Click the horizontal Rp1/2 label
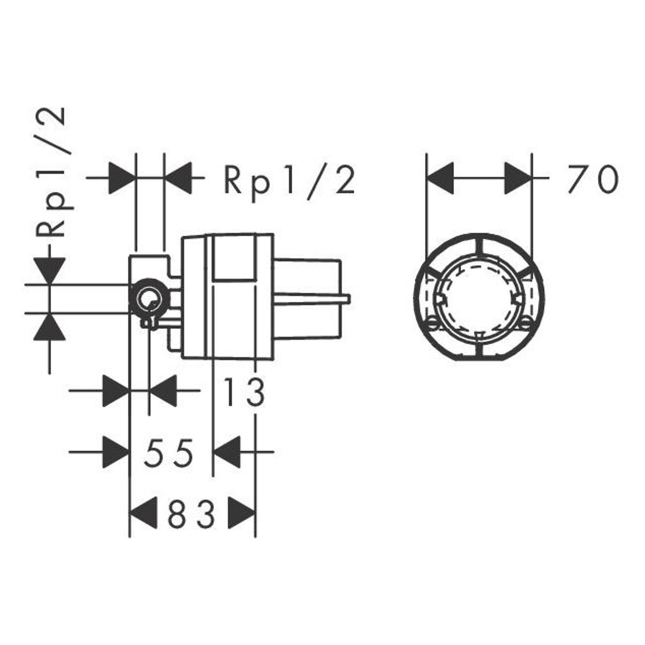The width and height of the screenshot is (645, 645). (x=289, y=183)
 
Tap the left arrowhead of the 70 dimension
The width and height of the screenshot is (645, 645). (x=440, y=178)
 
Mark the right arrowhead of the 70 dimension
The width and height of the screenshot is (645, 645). (x=518, y=178)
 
